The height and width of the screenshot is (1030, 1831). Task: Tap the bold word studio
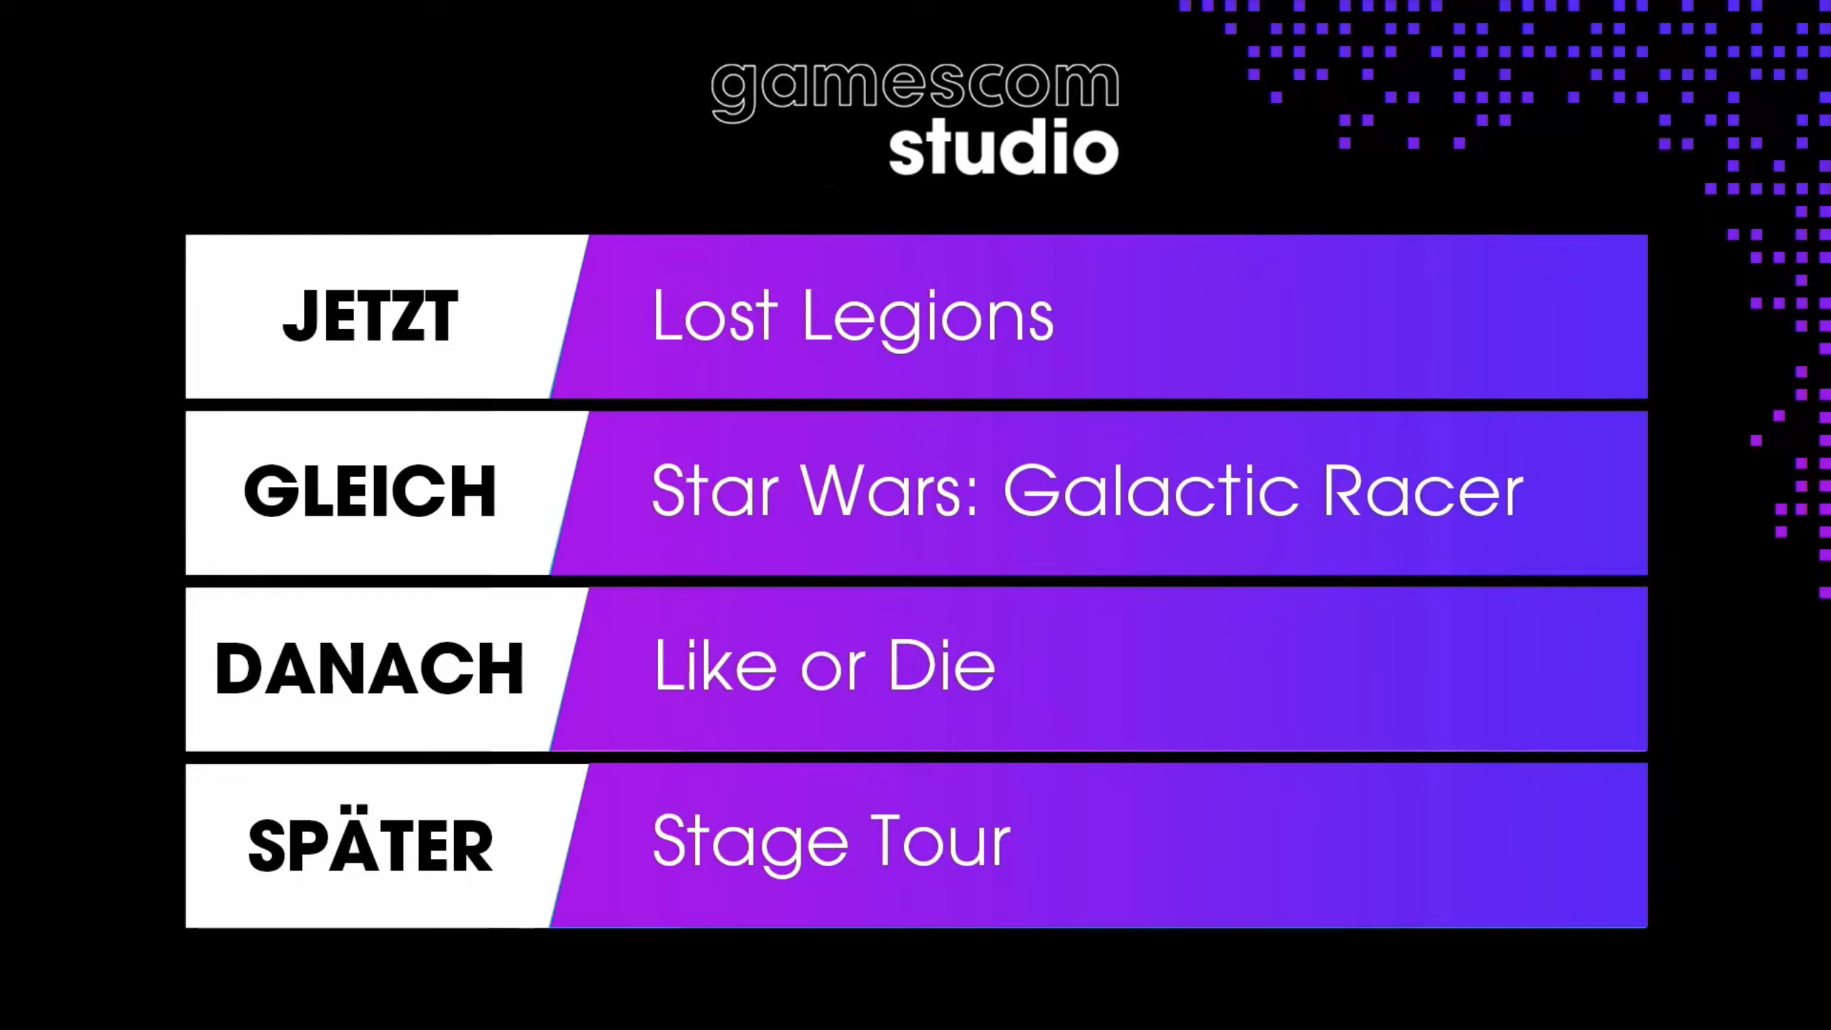pyautogui.click(x=1003, y=147)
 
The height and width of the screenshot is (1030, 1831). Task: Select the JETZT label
pyautogui.click(x=370, y=316)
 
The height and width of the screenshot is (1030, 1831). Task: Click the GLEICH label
pyautogui.click(x=370, y=491)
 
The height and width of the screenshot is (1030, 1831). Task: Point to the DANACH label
pyautogui.click(x=370, y=668)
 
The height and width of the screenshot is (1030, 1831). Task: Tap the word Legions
pyautogui.click(x=928, y=320)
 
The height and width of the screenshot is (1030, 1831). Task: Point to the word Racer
pyautogui.click(x=1424, y=491)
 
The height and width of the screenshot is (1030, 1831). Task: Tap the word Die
pyautogui.click(x=942, y=665)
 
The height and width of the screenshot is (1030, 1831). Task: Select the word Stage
pyautogui.click(x=750, y=844)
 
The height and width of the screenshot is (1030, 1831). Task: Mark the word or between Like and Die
pyautogui.click(x=833, y=672)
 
